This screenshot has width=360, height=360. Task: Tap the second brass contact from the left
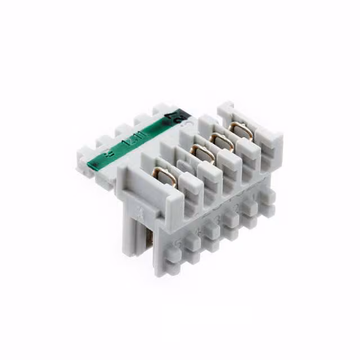[x=200, y=153]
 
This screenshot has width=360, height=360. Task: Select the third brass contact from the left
[x=221, y=141]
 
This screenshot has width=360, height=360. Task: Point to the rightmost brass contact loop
[x=241, y=130]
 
